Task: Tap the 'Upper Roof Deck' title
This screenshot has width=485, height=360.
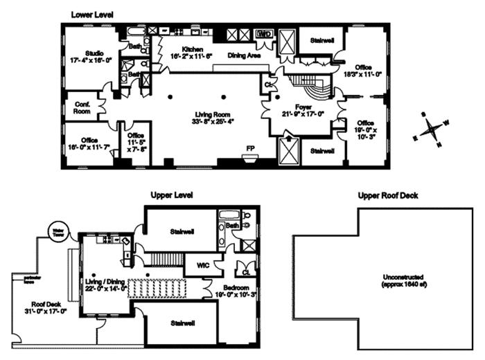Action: tap(387, 196)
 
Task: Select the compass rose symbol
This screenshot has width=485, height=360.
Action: tap(431, 129)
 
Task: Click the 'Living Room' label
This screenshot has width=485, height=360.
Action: tap(211, 115)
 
